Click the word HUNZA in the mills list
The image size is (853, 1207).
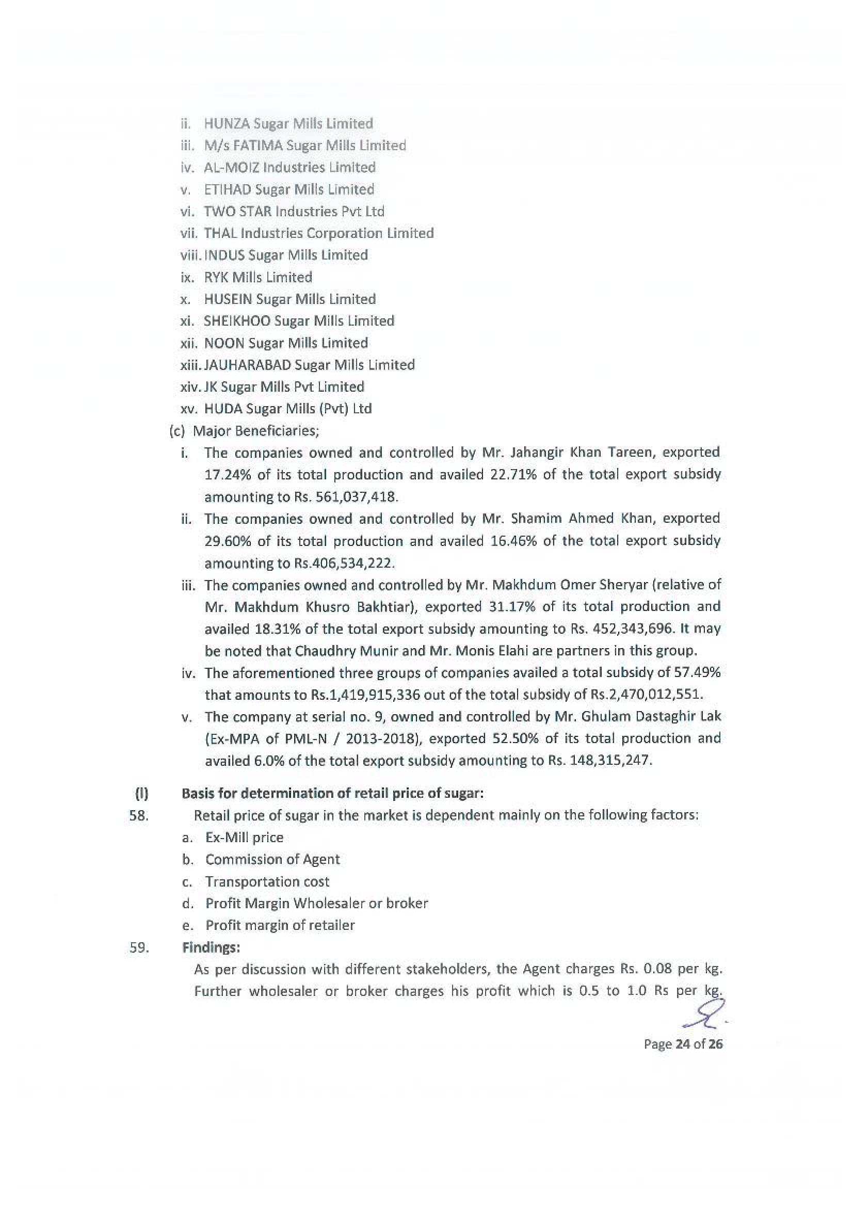pyautogui.click(x=227, y=123)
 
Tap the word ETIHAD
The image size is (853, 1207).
pyautogui.click(x=227, y=189)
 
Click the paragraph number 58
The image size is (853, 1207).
pyautogui.click(x=139, y=815)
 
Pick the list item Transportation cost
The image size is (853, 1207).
pyautogui.click(x=267, y=881)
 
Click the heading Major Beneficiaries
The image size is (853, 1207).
pyautogui.click(x=256, y=431)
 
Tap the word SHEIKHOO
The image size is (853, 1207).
pyautogui.click(x=236, y=321)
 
